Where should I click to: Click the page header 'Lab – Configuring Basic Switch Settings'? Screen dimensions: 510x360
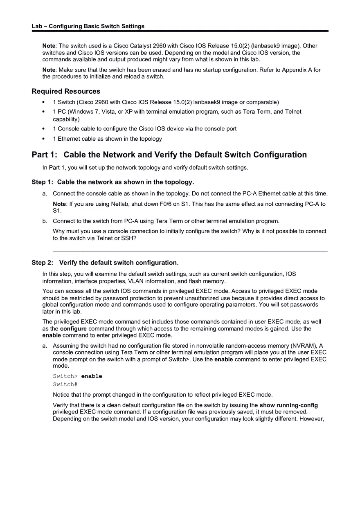tap(88, 26)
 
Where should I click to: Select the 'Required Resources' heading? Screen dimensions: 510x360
tap(66, 91)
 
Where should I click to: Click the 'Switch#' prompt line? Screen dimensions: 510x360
tap(65, 384)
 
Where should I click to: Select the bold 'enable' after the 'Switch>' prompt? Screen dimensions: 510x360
tap(92, 376)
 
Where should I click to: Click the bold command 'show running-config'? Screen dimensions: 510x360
tap(288, 405)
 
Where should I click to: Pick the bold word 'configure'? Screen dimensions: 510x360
tap(73, 328)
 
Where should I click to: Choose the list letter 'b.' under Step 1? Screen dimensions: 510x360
tap(45, 221)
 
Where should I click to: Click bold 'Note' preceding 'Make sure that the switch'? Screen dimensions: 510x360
tap(49, 70)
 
